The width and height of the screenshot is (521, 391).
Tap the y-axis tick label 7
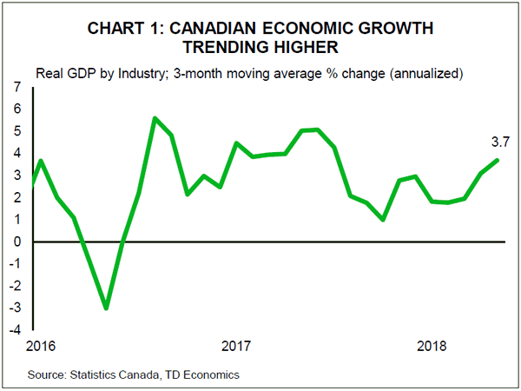point(16,88)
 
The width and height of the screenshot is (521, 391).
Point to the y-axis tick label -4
point(14,330)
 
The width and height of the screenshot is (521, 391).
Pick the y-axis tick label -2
point(14,286)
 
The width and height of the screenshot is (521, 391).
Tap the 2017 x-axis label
point(236,347)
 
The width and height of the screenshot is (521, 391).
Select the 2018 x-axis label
point(432,347)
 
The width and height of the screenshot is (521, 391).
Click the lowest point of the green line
point(106,308)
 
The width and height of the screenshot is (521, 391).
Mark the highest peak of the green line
point(155,118)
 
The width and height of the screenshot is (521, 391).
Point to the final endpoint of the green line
point(498,159)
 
